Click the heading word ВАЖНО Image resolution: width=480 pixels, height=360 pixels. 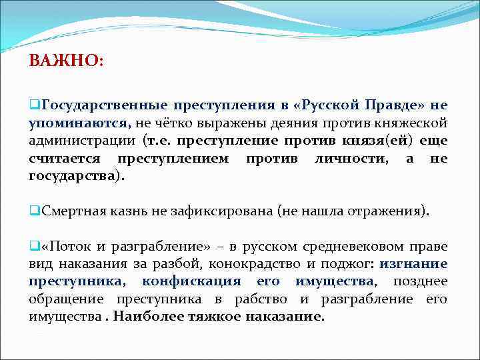tap(65, 61)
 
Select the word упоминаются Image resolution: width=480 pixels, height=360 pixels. tap(79, 123)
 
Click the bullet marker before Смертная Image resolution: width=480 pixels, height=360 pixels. tap(33, 211)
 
